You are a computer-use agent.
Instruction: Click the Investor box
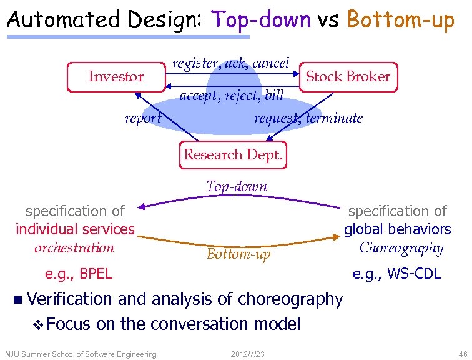(x=116, y=77)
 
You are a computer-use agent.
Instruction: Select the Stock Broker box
(x=348, y=77)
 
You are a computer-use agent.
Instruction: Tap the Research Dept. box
(x=233, y=154)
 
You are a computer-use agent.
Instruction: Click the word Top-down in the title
(x=261, y=19)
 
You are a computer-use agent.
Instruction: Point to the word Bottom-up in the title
(x=400, y=19)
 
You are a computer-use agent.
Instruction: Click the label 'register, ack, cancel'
(x=230, y=62)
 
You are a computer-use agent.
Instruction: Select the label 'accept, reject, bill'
(x=231, y=96)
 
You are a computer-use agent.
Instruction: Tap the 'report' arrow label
(x=143, y=118)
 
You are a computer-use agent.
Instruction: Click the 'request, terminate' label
(x=308, y=118)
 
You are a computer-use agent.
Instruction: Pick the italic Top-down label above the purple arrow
(x=237, y=186)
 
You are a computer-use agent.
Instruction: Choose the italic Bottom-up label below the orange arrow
(x=238, y=254)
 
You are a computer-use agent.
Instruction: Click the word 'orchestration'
(x=74, y=247)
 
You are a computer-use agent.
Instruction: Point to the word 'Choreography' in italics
(x=401, y=247)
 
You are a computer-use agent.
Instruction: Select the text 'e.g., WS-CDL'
(x=396, y=273)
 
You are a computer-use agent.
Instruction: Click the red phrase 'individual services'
(x=75, y=229)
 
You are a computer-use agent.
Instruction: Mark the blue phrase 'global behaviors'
(x=397, y=229)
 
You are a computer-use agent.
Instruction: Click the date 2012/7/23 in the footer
(x=247, y=354)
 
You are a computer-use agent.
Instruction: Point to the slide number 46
(x=461, y=354)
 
